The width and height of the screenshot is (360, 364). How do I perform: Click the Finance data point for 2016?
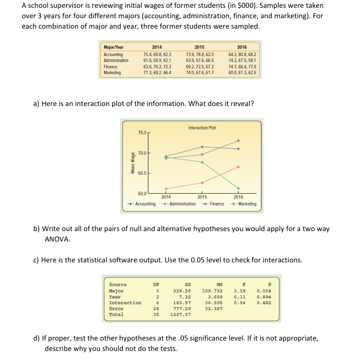(238, 141)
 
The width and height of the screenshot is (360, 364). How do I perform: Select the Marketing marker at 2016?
(238, 188)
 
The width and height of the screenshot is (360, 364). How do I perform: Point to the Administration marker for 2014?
(166, 189)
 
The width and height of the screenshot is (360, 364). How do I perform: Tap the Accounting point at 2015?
(202, 147)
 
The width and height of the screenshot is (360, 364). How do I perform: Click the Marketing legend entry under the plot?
(244, 204)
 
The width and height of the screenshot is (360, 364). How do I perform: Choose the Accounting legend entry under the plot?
(143, 204)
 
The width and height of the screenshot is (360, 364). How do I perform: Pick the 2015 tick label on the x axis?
(202, 197)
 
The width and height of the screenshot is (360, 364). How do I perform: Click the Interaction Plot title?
(202, 128)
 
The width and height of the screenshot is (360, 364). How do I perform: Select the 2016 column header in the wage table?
(242, 47)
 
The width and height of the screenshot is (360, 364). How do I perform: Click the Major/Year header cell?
(113, 47)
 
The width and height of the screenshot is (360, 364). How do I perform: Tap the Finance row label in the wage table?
(110, 67)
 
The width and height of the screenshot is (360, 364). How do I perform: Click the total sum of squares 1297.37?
(181, 314)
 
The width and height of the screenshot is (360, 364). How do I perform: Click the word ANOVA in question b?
(57, 239)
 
